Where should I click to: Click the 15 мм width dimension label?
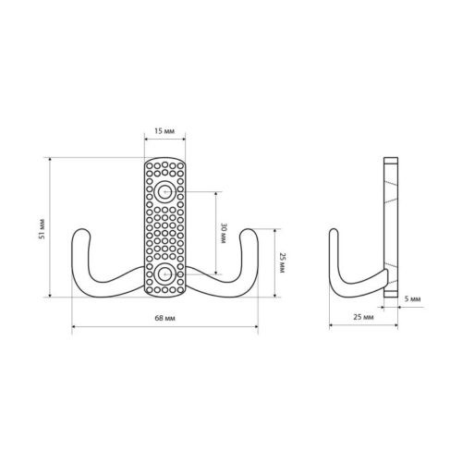tap(164, 131)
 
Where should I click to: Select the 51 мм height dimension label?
tap(43, 228)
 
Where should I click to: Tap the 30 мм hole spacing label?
tap(223, 234)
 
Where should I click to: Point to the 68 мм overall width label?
tap(164, 318)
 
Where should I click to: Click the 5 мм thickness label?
tap(412, 298)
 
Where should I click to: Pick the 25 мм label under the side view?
tap(363, 317)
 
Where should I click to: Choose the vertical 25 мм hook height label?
tap(282, 262)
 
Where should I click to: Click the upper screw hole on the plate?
tap(164, 192)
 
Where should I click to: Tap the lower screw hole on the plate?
tap(164, 274)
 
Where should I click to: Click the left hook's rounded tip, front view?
tap(81, 230)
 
